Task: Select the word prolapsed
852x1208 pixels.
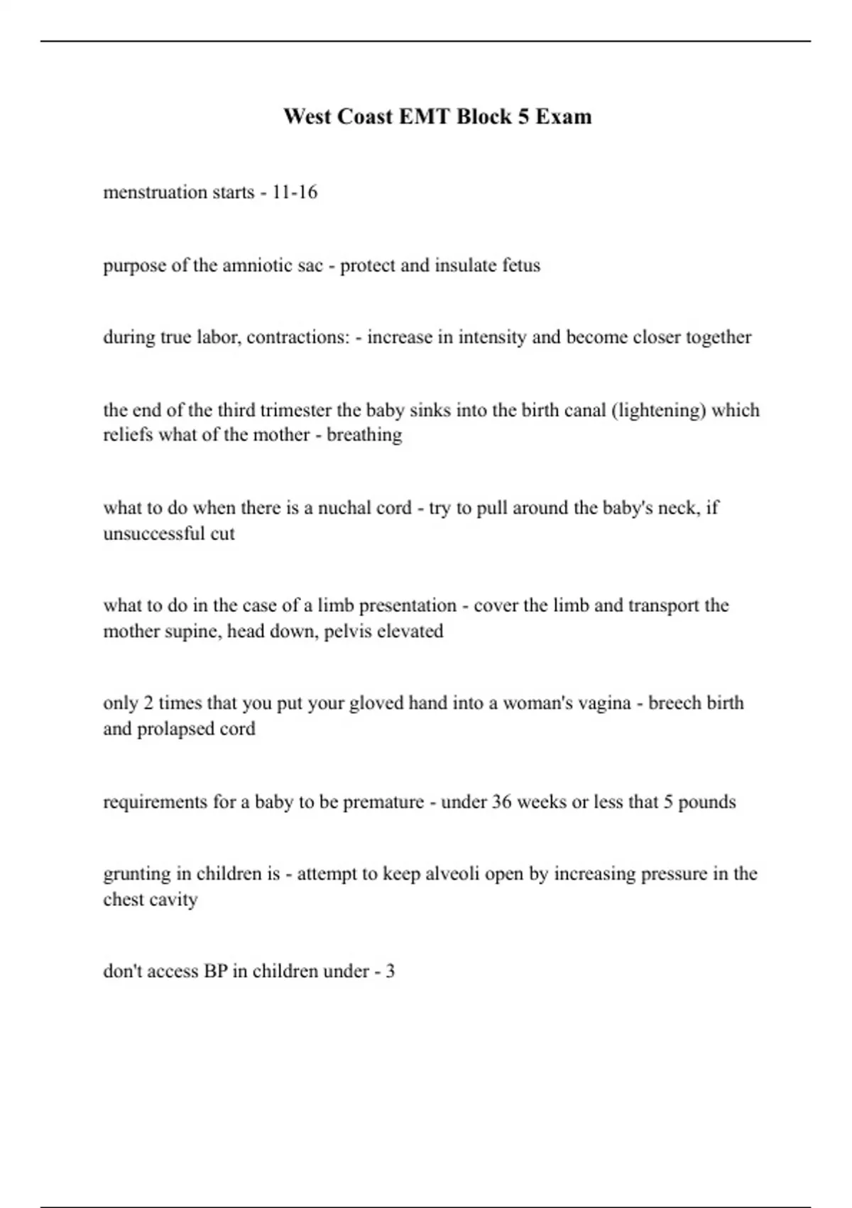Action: pos(177,728)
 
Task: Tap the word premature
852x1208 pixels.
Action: pos(383,802)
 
